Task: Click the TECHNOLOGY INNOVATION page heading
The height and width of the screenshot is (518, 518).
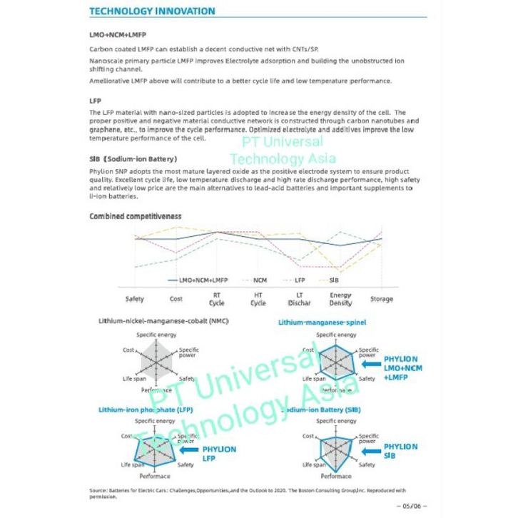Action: pyautogui.click(x=152, y=11)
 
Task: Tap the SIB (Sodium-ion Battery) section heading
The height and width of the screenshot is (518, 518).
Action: pyautogui.click(x=133, y=158)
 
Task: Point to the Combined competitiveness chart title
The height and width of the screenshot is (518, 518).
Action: pyautogui.click(x=136, y=215)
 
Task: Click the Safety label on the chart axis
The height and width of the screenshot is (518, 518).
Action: pyautogui.click(x=134, y=299)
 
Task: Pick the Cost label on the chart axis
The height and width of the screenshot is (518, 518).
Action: pyautogui.click(x=176, y=299)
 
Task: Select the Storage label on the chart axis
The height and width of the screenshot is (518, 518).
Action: pyautogui.click(x=381, y=299)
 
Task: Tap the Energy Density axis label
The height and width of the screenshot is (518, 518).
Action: pyautogui.click(x=340, y=299)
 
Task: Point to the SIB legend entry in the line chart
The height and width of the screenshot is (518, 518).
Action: pyautogui.click(x=333, y=280)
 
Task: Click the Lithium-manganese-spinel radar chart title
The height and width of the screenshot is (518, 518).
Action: pyautogui.click(x=322, y=323)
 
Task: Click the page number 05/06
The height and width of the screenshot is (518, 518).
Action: pyautogui.click(x=414, y=506)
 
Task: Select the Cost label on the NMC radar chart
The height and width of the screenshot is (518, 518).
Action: pyautogui.click(x=128, y=350)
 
